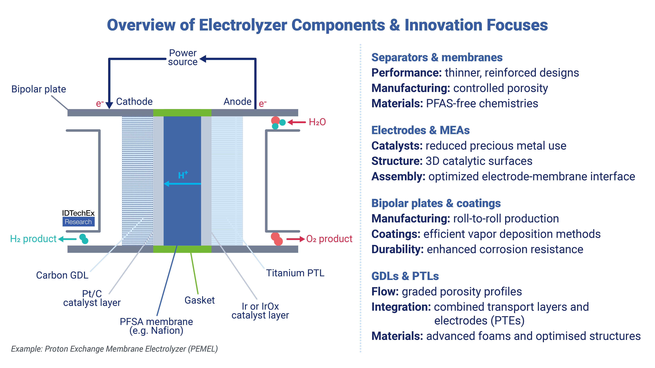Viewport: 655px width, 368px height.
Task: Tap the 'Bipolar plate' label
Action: pos(39,89)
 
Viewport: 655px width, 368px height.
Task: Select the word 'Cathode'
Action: pos(134,102)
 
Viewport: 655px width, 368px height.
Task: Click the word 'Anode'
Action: pos(237,102)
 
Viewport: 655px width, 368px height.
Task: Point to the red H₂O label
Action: pos(317,122)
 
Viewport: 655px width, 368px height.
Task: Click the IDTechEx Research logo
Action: pos(78,218)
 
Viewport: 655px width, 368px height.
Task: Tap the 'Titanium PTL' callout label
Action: pos(295,273)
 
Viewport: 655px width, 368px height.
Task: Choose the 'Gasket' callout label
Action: pos(200,300)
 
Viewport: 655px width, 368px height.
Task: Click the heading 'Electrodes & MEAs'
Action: pos(420,130)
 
